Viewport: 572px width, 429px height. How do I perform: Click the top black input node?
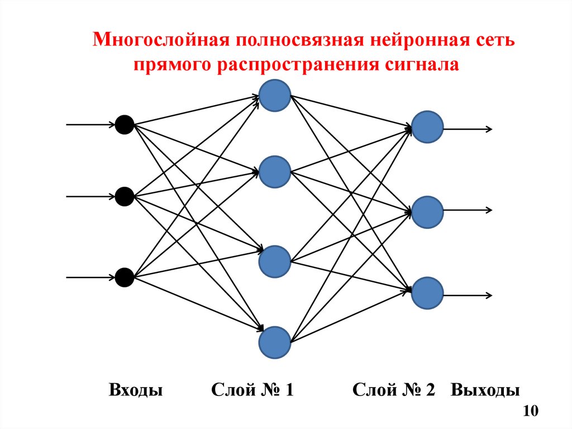point(124,124)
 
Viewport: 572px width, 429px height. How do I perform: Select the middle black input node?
point(124,196)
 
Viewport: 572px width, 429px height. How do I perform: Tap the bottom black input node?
point(124,277)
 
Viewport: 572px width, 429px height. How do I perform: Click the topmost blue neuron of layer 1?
point(275,95)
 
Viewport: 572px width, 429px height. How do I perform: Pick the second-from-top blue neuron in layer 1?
point(275,172)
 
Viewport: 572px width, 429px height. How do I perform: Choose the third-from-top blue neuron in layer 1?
point(275,261)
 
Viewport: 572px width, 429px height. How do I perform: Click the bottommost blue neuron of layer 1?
point(275,342)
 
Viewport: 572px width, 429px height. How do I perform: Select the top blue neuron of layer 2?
point(428,126)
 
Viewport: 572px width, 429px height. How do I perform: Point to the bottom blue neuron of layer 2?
point(428,293)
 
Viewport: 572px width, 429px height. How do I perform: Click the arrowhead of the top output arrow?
point(489,129)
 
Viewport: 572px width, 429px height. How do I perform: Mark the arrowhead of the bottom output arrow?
point(489,295)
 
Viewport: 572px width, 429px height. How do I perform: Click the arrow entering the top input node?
point(89,124)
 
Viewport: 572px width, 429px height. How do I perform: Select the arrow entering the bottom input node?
point(89,277)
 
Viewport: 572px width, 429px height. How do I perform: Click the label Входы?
point(136,390)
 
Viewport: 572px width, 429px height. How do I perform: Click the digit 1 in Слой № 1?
point(288,390)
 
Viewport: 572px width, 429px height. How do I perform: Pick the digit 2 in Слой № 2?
point(430,390)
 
